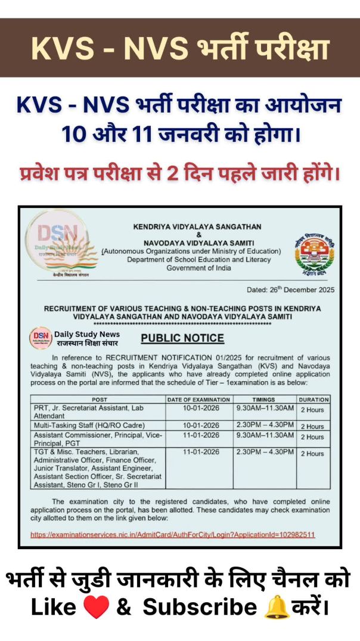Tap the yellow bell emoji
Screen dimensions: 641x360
(276, 607)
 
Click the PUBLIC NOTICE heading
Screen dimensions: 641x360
(182, 338)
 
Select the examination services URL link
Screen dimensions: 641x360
(172, 534)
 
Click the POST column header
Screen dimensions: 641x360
(99, 399)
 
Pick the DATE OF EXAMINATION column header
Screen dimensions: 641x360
(198, 399)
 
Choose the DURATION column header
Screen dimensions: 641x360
(313, 399)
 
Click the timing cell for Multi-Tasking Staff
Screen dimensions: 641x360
(264, 425)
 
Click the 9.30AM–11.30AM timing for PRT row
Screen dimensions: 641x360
(264, 408)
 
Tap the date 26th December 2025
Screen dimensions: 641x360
(291, 290)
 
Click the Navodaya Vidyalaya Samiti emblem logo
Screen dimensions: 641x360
(311, 250)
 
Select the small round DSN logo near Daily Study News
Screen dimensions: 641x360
(41, 338)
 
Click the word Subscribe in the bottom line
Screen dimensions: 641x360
(200, 608)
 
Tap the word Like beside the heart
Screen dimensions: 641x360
(54, 608)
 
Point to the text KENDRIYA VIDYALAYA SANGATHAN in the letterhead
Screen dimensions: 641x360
(190, 227)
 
